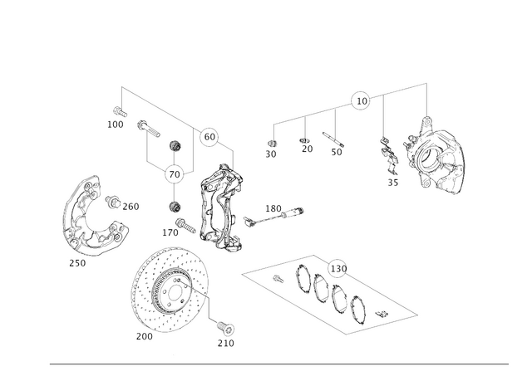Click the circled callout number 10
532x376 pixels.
pos(362,101)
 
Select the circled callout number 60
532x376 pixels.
pos(209,137)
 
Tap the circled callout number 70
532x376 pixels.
pos(174,175)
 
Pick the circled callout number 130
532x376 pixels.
pos(338,269)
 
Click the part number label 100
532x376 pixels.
pos(116,125)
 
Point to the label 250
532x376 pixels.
pos(77,263)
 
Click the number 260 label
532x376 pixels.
pos(131,207)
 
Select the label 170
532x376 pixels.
pos(170,232)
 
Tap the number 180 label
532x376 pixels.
pos(273,208)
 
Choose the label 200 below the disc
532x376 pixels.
pos(145,337)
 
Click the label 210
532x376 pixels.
pos(225,344)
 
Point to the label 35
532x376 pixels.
pos(393,183)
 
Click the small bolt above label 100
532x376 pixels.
pos(120,111)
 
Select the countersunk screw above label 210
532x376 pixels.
pos(226,327)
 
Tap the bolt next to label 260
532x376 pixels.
pos(113,202)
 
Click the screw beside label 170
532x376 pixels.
pos(185,226)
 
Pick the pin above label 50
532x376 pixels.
pos(333,139)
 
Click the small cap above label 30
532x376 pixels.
pos(271,142)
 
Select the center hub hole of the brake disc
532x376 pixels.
pos(175,293)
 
